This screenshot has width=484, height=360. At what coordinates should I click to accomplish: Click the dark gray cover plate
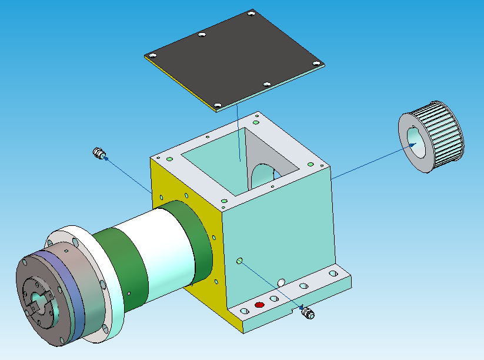coord(235,59)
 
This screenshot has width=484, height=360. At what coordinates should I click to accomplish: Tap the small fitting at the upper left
coord(99,154)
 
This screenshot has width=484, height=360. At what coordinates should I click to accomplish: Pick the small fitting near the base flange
coord(306,312)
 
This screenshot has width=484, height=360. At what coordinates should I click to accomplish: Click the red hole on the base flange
coord(259,305)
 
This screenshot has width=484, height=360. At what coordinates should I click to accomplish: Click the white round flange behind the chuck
coord(109,306)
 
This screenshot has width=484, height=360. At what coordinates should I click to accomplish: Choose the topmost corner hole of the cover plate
coord(251,12)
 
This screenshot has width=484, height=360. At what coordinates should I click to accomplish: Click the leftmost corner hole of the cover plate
coord(152,55)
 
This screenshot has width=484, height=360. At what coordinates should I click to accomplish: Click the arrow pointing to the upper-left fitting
coord(126,174)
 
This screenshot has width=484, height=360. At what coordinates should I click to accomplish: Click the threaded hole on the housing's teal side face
coord(239,260)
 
